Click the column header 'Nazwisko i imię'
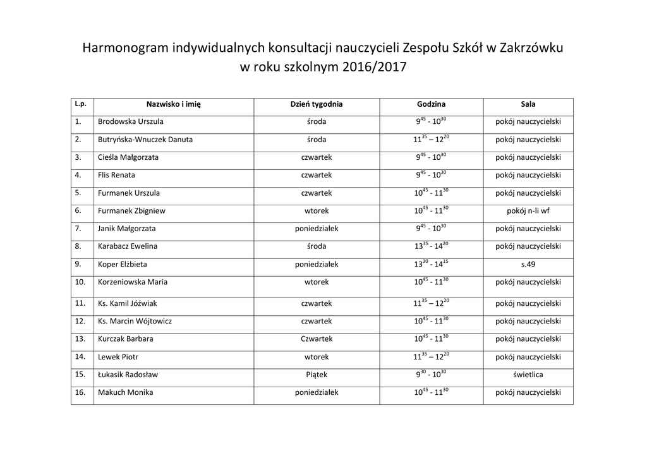[x=173, y=104]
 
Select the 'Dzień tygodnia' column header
[x=316, y=104]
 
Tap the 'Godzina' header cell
[x=431, y=104]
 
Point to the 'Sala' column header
[x=528, y=104]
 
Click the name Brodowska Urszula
[x=131, y=121]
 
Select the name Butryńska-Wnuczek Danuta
[x=145, y=140]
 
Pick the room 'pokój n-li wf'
[x=528, y=211]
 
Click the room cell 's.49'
[x=528, y=265]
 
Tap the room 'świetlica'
[x=528, y=375]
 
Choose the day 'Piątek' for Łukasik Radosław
[x=317, y=375]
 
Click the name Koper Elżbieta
[x=123, y=265]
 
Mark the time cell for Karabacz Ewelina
[x=431, y=246]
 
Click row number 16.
[x=80, y=392]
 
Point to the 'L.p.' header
[x=80, y=103]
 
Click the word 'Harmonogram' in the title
[x=126, y=49]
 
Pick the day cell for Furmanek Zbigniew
[x=317, y=211]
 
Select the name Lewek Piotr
[x=118, y=357]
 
